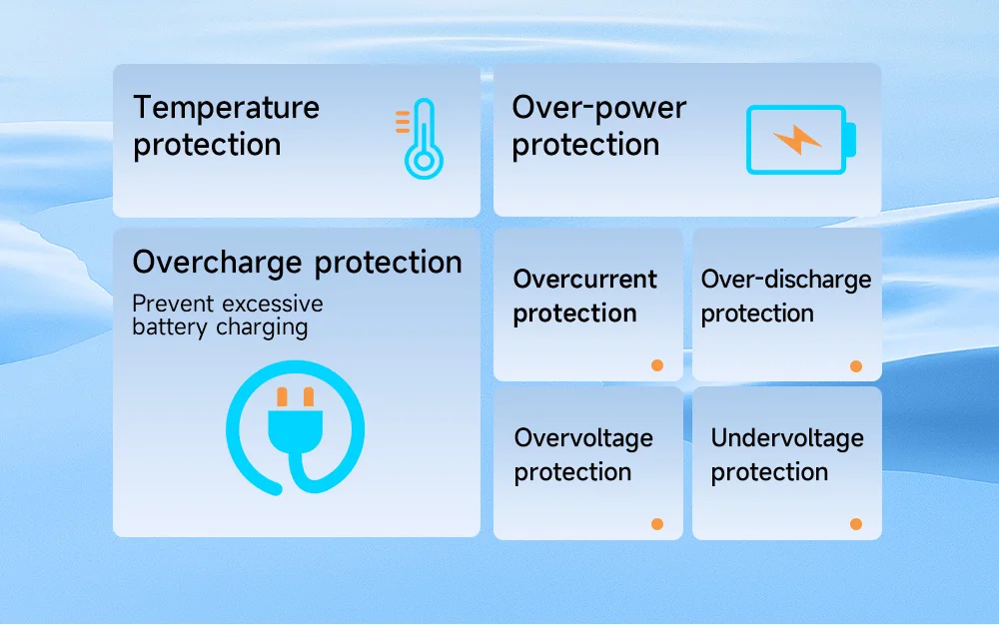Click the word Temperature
(x=226, y=107)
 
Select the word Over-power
(x=598, y=107)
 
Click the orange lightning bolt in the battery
(x=796, y=140)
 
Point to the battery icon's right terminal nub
(x=850, y=140)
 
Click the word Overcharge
(x=217, y=263)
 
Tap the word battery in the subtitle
(x=170, y=327)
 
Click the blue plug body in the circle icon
(x=295, y=430)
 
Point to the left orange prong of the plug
(x=283, y=397)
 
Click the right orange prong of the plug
(x=309, y=397)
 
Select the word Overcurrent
(x=584, y=279)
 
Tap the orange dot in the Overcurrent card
(x=657, y=365)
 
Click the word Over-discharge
(x=786, y=280)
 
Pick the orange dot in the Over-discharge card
(x=856, y=366)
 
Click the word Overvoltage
(x=583, y=438)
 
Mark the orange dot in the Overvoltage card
(x=657, y=524)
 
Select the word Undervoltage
(x=787, y=438)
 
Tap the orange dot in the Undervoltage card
(x=856, y=524)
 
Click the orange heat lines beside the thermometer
(x=403, y=122)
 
